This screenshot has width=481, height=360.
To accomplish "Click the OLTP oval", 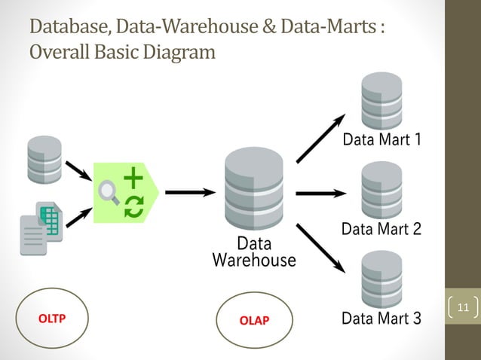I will (52, 318).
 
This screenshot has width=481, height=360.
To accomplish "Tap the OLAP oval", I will (253, 321).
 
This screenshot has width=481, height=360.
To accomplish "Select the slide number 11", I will (463, 307).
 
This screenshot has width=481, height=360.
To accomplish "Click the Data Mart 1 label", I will (381, 139).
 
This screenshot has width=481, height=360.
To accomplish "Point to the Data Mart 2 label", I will (381, 229).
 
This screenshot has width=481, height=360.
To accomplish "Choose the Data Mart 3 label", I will (381, 319).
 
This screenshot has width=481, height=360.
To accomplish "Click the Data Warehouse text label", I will (254, 252).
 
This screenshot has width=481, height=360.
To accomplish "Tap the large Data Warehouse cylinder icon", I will (254, 188).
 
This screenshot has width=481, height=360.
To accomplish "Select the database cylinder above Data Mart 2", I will (381, 190).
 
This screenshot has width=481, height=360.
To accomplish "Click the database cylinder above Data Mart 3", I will (381, 279).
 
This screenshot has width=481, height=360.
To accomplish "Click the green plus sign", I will (133, 178).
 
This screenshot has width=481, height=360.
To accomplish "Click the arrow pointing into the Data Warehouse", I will (190, 192).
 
